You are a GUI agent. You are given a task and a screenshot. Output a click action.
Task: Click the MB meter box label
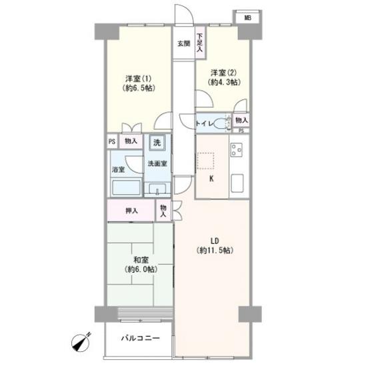(x=247, y=17)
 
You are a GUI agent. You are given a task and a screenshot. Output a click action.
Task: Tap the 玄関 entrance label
(x=184, y=43)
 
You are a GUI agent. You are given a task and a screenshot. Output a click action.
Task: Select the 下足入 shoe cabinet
(x=200, y=43)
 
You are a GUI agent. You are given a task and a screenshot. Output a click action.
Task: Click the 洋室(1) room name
(x=139, y=79)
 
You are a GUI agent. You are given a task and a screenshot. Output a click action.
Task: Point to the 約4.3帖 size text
(x=224, y=82)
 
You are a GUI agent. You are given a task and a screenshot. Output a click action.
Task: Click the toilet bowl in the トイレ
(x=221, y=123)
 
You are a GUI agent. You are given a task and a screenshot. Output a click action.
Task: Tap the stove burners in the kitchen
(x=236, y=150)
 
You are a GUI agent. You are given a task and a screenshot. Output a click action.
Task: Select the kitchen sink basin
(x=237, y=183)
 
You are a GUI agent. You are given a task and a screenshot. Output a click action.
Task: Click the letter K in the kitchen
(x=211, y=179)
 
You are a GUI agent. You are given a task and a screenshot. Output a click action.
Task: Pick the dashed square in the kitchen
(x=205, y=161)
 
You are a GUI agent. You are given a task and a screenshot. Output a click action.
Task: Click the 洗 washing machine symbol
(x=157, y=142)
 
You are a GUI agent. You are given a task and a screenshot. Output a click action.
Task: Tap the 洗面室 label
(x=157, y=163)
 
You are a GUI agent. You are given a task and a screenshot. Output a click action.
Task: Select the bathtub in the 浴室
(x=126, y=187)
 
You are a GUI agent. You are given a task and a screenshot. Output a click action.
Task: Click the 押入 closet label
(x=131, y=211)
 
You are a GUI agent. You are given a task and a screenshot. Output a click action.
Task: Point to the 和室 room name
(x=141, y=260)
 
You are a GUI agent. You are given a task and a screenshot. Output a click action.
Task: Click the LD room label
(x=215, y=241)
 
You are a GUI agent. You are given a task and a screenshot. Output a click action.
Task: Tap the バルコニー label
(x=141, y=338)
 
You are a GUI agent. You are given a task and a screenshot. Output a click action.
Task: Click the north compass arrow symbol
(x=81, y=342)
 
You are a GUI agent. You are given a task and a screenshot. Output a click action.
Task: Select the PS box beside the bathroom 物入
(x=112, y=141)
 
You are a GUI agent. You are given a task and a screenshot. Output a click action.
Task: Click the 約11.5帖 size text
(x=215, y=251)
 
